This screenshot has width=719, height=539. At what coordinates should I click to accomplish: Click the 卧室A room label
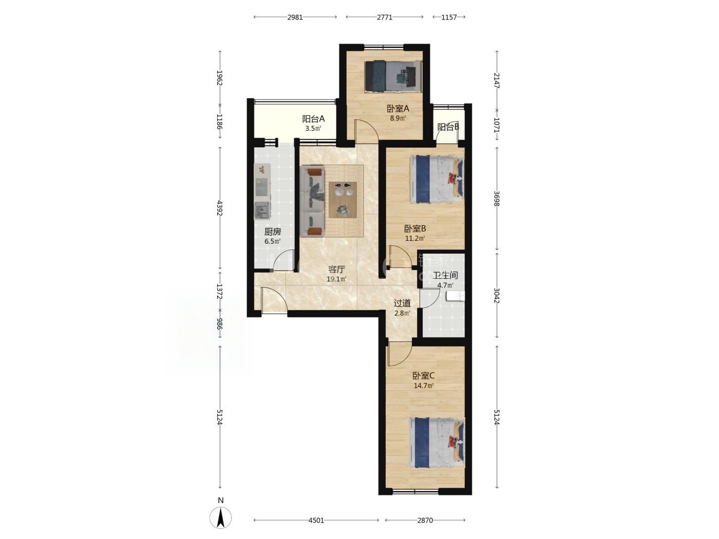tap(398, 108)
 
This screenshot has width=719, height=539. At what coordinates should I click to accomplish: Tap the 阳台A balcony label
tap(313, 119)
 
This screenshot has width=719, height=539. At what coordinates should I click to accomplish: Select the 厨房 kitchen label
tap(273, 232)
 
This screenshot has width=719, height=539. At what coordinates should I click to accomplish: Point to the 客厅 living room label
tap(336, 269)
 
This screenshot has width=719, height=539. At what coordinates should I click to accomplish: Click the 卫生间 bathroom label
tap(445, 275)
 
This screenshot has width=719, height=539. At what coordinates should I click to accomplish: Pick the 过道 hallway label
tap(402, 303)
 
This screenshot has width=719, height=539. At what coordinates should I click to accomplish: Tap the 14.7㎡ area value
tap(424, 386)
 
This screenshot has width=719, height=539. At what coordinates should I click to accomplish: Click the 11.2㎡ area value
tap(415, 238)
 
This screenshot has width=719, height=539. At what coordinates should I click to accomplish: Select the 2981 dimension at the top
tap(295, 17)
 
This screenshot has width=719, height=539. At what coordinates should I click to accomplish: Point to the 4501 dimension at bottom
tap(316, 521)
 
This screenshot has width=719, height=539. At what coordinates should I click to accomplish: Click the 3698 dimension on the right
tap(497, 199)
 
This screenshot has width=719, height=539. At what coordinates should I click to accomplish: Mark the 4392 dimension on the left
tap(219, 208)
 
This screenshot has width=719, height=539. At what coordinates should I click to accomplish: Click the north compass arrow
tap(221, 517)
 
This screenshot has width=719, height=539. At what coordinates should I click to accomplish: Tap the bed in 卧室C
tap(437, 443)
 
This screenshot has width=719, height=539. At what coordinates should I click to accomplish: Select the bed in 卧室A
tap(393, 75)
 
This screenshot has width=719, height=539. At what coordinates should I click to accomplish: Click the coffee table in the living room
tap(343, 200)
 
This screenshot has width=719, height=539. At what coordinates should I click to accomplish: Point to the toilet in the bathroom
tap(456, 296)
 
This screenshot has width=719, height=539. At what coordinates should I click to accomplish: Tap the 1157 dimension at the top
tap(449, 17)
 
